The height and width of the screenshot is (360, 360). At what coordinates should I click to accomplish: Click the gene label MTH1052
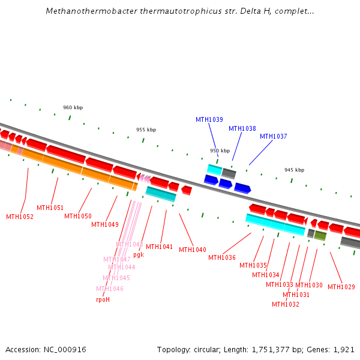(x=20, y=217)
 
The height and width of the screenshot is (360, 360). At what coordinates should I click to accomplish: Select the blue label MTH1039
(x=209, y=119)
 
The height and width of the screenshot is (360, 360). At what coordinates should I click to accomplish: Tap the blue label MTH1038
(x=242, y=128)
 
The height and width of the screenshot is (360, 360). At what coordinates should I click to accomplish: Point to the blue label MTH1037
(x=273, y=136)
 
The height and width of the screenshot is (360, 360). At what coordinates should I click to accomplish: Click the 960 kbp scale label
(x=73, y=107)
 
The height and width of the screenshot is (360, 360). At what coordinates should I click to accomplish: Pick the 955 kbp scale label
(x=146, y=130)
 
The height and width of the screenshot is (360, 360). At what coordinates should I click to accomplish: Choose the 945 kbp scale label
(x=294, y=170)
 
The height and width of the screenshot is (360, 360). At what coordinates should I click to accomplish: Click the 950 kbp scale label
(x=220, y=151)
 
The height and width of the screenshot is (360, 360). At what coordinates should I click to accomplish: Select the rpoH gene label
(x=103, y=299)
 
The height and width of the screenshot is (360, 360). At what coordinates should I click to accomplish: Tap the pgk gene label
(x=139, y=254)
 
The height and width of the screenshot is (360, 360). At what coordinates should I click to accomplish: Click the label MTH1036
(x=222, y=257)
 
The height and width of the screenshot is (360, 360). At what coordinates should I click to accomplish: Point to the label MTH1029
(x=341, y=287)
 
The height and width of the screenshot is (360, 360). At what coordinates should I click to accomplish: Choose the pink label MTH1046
(x=110, y=289)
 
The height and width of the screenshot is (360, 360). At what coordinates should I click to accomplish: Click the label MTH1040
(x=192, y=250)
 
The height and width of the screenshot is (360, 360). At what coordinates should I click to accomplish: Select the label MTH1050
(x=78, y=216)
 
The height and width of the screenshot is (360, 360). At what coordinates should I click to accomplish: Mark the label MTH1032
(x=285, y=304)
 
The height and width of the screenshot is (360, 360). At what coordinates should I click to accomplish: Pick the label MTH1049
(x=105, y=224)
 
